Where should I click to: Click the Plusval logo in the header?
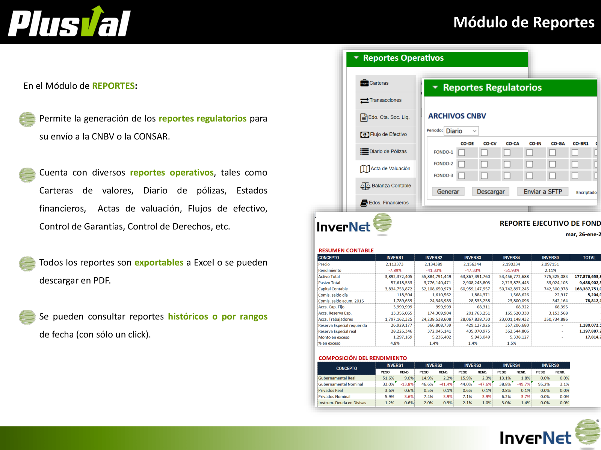pos(69,22)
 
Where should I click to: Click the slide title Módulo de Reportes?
pos(524,22)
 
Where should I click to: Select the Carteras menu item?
pos(379,83)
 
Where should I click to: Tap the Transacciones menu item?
pos(385,100)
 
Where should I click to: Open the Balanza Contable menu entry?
pos(391,186)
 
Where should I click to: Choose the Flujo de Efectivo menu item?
pos(388,134)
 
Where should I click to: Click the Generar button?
pos(448,192)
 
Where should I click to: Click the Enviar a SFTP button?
pos(543,192)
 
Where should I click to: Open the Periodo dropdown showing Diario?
pos(461,131)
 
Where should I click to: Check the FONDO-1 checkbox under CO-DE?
pos(462,153)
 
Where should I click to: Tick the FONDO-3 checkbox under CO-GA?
pos(552,176)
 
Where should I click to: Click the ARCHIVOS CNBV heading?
pos(457,116)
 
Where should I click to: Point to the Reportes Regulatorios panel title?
pos(492,88)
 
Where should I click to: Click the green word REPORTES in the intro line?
pos(113,86)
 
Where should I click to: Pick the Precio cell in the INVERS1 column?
pos(394,264)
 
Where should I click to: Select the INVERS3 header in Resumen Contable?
pos(472,258)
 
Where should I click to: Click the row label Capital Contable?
pos(333,289)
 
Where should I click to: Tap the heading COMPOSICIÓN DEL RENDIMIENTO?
pos(362,358)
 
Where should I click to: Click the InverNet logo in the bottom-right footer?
pos(548,435)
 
